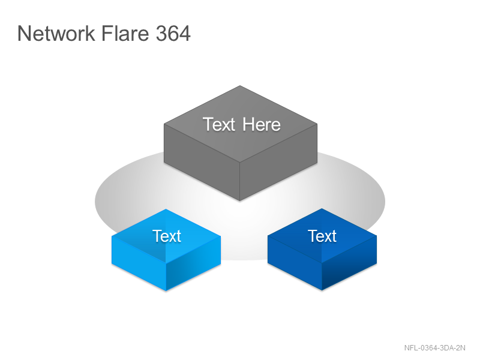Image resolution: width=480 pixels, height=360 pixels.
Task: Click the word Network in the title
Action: pyautogui.click(x=56, y=34)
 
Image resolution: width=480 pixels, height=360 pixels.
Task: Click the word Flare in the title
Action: pyautogui.click(x=125, y=33)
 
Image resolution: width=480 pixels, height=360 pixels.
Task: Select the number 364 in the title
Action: pyautogui.click(x=173, y=34)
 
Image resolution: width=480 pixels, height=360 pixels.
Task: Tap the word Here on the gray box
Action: pyautogui.click(x=262, y=125)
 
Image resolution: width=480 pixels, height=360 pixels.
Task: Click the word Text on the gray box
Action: pyautogui.click(x=218, y=125)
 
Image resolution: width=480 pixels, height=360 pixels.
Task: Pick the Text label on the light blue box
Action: pyautogui.click(x=167, y=236)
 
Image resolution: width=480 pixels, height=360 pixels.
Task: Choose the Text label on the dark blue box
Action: pyautogui.click(x=322, y=236)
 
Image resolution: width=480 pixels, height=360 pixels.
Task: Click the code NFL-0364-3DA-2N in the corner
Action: pyautogui.click(x=434, y=348)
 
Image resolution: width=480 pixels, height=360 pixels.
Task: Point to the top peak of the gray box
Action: pyautogui.click(x=240, y=86)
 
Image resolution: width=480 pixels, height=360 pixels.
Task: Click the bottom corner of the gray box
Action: pyautogui.click(x=239, y=201)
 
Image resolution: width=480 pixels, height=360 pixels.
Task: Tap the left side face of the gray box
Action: pyautogui.click(x=202, y=162)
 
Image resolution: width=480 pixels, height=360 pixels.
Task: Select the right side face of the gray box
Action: pyautogui.click(x=278, y=162)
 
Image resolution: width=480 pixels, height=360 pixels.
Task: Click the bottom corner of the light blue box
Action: pyautogui.click(x=166, y=290)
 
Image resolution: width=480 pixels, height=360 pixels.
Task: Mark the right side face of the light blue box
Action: pyautogui.click(x=193, y=263)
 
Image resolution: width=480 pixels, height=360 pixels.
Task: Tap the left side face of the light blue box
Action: pyautogui.click(x=139, y=263)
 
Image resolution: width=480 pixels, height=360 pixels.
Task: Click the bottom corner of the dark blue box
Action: pyautogui.click(x=322, y=290)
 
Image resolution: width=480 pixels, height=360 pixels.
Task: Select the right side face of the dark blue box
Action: pyautogui.click(x=349, y=263)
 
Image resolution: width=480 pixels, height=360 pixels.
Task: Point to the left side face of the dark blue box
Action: pyautogui.click(x=295, y=263)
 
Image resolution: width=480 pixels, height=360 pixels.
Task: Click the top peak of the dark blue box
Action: pyautogui.click(x=322, y=209)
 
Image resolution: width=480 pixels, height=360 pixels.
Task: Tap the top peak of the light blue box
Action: pyautogui.click(x=166, y=209)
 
